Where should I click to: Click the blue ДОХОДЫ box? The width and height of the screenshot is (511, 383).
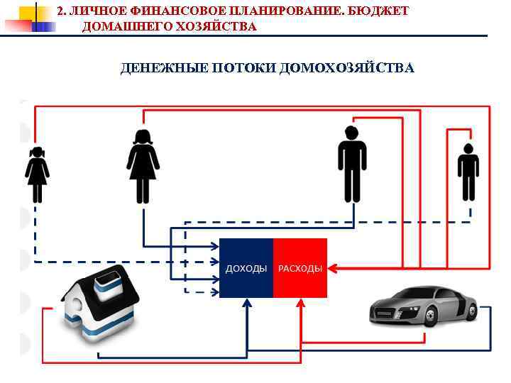pos(246,268)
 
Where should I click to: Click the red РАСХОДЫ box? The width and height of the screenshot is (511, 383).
pos(300,268)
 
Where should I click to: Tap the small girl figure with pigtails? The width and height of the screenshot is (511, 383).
pos(36,174)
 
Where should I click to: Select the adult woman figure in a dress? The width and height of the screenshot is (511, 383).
pos(143,167)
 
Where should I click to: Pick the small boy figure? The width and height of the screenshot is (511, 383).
pos(468,172)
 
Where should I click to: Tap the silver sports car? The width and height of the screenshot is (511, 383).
pos(422,307)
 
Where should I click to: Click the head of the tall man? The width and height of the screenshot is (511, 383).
pos(351,133)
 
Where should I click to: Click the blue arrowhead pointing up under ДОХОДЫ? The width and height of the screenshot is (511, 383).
pos(247,302)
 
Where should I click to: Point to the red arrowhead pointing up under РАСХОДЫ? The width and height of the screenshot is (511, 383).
pos(300,302)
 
